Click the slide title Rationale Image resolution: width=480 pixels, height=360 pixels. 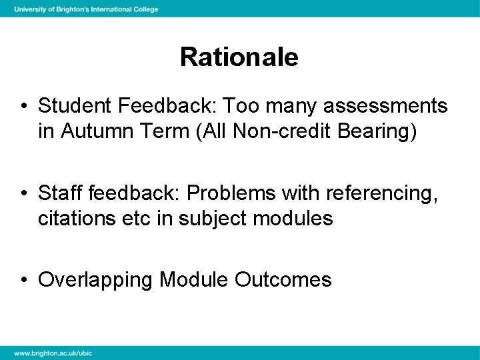pyautogui.click(x=239, y=57)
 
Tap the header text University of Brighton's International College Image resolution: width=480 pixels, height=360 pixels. pyautogui.click(x=86, y=9)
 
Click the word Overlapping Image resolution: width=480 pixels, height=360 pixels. pyautogui.click(x=95, y=280)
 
